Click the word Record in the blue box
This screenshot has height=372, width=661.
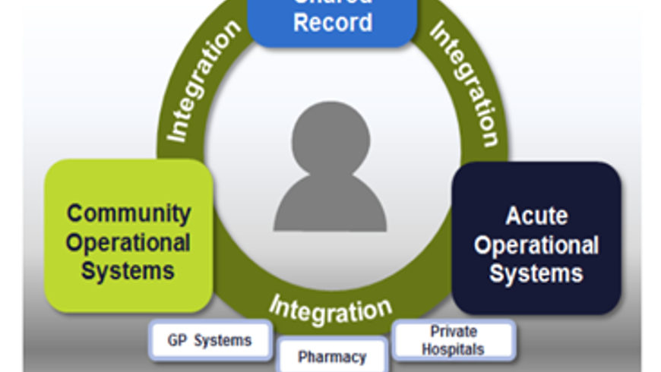tap(333, 23)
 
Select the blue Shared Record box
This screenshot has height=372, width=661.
tap(333, 19)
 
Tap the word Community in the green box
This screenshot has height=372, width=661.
tap(128, 213)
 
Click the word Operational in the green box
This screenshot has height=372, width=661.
tap(128, 243)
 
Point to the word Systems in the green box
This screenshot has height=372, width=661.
tap(128, 270)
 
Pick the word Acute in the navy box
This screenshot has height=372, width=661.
tap(536, 216)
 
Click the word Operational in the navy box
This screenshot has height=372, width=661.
tap(536, 245)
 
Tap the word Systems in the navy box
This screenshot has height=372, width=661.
tap(536, 273)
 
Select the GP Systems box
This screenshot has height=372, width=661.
tap(210, 340)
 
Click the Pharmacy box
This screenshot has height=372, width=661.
tap(332, 356)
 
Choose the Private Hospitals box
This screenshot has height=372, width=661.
tap(454, 340)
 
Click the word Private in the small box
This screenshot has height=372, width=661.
tap(454, 332)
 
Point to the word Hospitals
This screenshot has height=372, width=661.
tap(454, 349)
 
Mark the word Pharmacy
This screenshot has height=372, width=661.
tap(332, 357)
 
